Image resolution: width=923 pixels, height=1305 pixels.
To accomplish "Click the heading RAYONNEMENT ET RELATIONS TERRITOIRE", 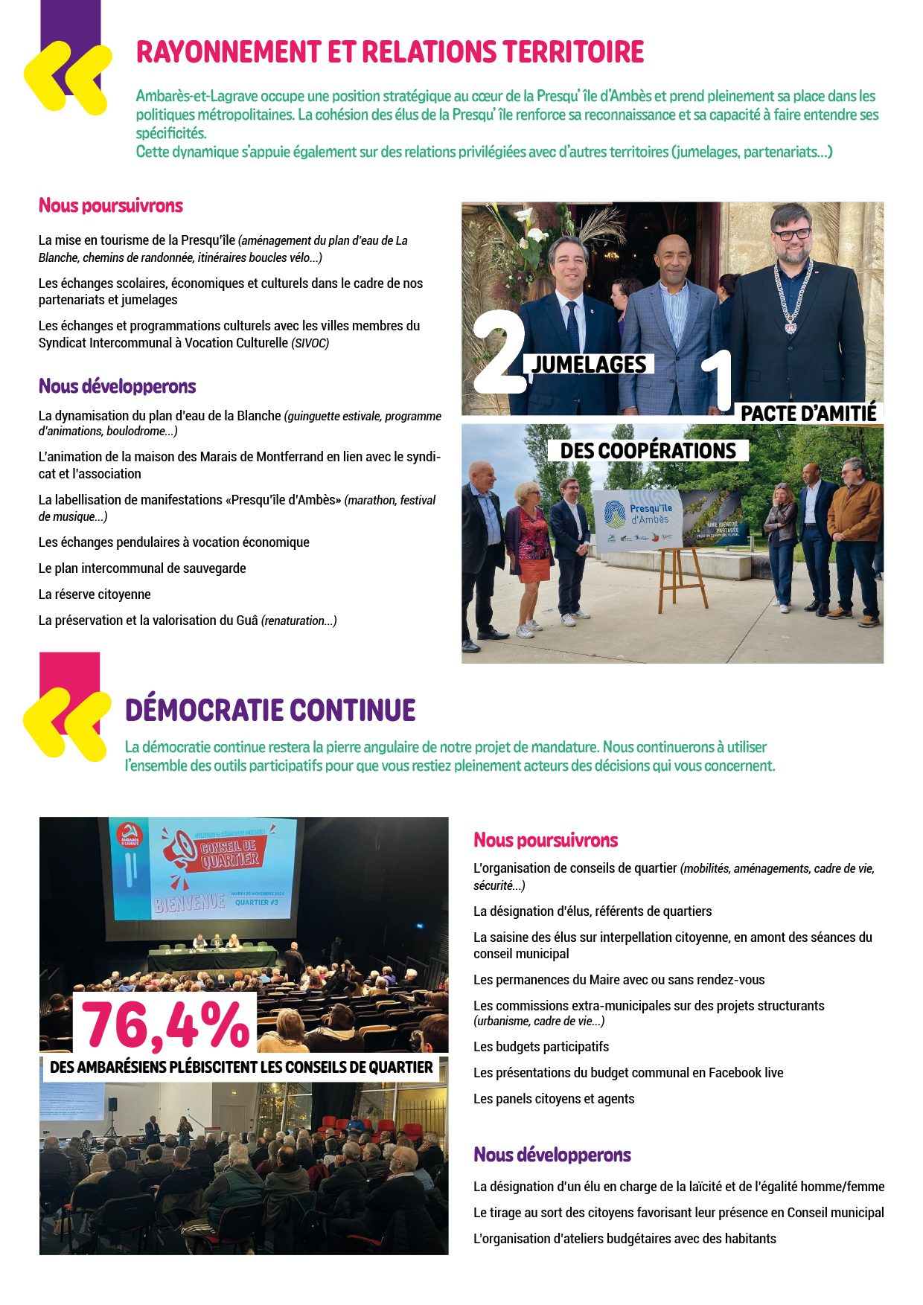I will [x=390, y=52].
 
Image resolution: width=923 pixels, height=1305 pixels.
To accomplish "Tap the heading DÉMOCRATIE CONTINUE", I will [x=270, y=710].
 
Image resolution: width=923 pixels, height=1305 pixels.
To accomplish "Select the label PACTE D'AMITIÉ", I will [x=808, y=413].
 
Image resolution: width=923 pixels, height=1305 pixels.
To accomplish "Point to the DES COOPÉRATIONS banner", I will [x=648, y=451].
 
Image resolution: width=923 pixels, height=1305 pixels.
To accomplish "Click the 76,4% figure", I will [x=165, y=1025].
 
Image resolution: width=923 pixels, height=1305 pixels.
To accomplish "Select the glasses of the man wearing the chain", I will [x=792, y=234].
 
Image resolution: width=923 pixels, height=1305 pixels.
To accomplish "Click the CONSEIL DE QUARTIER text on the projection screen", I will [x=230, y=852].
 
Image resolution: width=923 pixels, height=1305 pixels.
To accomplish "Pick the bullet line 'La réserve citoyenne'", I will [x=95, y=594].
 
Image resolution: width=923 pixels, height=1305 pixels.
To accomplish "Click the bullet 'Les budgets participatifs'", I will [x=541, y=1047].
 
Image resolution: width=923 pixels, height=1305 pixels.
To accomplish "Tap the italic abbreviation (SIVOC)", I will [x=310, y=343].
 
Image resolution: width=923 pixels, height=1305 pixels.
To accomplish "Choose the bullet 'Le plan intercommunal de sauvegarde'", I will [x=142, y=568].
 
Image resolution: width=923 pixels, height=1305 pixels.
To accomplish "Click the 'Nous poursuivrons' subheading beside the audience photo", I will [x=546, y=840].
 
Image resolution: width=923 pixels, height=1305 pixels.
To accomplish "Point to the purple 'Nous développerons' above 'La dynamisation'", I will [x=118, y=386].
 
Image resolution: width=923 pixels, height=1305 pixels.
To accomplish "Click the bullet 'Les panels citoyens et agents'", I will [x=554, y=1099].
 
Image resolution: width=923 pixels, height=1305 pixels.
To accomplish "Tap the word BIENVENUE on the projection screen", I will [x=189, y=903].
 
